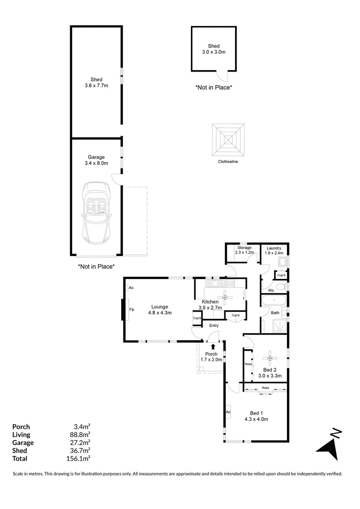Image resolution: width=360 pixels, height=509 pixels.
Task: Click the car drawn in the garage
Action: (96, 212)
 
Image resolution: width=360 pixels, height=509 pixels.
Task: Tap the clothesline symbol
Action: (228, 140)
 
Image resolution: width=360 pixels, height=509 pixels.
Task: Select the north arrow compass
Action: (329, 443)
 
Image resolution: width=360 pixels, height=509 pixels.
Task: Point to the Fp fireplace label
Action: (131, 310)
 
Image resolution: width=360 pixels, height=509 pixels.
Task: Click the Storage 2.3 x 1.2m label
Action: (244, 250)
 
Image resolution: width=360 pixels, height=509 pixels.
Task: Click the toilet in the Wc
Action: (280, 287)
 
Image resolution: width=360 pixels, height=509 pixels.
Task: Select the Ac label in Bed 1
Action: (228, 411)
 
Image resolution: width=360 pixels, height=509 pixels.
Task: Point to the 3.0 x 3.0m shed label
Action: (214, 52)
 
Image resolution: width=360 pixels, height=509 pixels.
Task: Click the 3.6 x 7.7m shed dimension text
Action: (97, 85)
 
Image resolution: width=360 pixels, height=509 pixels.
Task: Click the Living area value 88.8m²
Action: (80, 435)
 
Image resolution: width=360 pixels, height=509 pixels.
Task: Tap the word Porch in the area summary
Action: (21, 427)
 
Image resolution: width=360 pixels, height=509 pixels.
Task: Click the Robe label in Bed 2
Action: (248, 364)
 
